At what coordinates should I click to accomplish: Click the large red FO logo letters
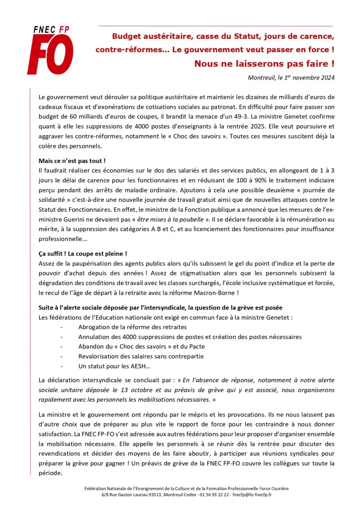click(50, 54)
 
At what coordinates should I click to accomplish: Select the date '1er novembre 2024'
click(305, 77)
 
